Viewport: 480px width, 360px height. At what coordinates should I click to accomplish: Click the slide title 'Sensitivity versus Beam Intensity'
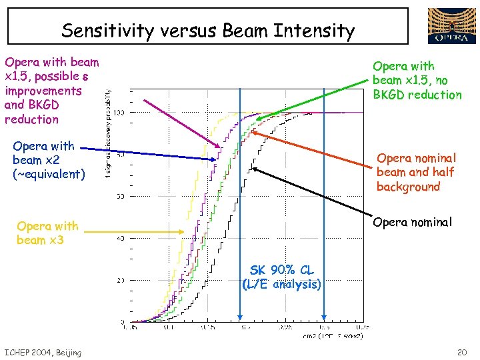(x=207, y=31)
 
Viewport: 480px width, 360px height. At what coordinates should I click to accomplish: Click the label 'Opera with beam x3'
(x=47, y=233)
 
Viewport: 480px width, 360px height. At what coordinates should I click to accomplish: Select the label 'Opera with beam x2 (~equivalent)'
(x=49, y=160)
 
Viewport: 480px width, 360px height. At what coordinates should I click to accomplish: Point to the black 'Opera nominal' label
(x=413, y=221)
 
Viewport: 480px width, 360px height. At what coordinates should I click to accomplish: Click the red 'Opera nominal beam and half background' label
(x=416, y=172)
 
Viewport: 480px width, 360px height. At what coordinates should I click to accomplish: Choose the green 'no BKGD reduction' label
(x=417, y=80)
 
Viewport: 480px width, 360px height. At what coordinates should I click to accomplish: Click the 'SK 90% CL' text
(x=281, y=270)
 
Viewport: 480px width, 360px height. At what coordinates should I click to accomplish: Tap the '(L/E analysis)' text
(x=281, y=284)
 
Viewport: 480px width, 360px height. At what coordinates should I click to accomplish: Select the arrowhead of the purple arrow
(x=220, y=147)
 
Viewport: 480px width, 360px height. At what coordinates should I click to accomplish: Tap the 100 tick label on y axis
(x=117, y=113)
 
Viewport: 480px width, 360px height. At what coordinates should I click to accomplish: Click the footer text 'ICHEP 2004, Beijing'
(x=43, y=352)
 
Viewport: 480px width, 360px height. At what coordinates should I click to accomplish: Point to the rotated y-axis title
(x=109, y=133)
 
